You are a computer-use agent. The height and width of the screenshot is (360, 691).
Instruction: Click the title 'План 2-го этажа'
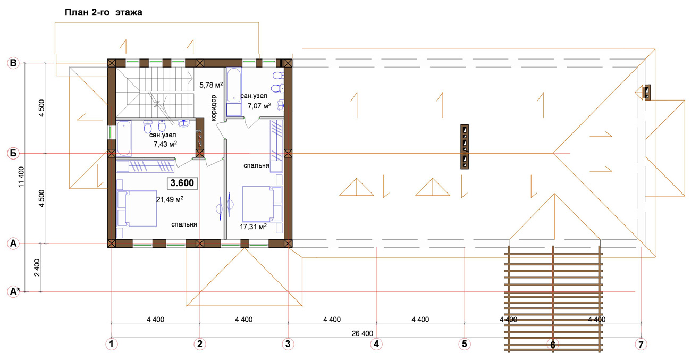[x=103, y=12]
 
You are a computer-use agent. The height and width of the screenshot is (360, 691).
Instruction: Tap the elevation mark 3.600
[x=182, y=183]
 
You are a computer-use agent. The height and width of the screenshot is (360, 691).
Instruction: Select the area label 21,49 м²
[x=170, y=199]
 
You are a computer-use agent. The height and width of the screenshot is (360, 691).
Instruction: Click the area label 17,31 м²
[x=253, y=227]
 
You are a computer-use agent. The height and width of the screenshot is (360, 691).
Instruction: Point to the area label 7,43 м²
[x=165, y=144]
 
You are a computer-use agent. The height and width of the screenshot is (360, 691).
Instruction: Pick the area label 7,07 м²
[x=259, y=106]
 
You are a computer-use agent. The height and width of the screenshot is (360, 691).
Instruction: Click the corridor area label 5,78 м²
[x=211, y=85]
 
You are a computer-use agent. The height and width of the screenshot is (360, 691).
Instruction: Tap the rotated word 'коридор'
[x=213, y=107]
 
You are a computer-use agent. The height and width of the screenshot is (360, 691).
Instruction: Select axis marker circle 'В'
[x=13, y=63]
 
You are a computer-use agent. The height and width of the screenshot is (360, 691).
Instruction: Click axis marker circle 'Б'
[x=13, y=153]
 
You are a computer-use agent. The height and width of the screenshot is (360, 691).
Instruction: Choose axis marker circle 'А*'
[x=14, y=291]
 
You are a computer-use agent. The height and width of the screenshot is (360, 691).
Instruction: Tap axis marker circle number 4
[x=376, y=344]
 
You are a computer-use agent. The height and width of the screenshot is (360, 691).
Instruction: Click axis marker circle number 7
[x=641, y=344]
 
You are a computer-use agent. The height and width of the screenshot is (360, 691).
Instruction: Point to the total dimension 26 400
[x=362, y=333]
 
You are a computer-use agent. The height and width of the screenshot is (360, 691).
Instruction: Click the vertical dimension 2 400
[x=37, y=267]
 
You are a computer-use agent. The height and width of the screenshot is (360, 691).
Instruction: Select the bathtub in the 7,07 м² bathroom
[x=234, y=91]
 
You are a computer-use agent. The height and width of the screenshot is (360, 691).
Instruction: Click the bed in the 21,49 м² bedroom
[x=137, y=208]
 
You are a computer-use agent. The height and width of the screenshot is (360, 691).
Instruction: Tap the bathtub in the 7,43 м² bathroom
[x=124, y=138]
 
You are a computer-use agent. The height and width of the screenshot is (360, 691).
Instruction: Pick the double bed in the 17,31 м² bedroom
[x=262, y=204]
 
